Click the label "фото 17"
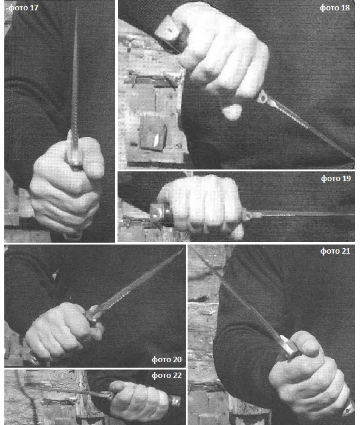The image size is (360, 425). (23, 7)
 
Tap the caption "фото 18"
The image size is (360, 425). (335, 7)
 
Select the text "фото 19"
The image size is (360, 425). (336, 178)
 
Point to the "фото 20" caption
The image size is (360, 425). (166, 359)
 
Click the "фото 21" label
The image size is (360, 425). (335, 251)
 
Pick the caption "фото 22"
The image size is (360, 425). (166, 376)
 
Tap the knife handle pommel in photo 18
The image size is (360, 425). (170, 31)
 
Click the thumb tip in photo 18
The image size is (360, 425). (231, 112)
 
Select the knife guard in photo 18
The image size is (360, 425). (263, 97)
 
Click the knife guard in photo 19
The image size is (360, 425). (246, 215)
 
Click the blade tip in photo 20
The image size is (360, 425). (182, 250)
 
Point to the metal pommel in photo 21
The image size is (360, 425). (348, 409)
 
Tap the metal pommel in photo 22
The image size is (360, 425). (175, 401)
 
